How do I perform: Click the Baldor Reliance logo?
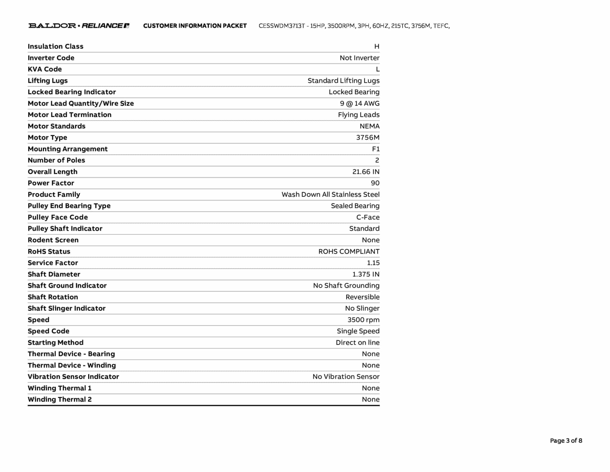[79, 26]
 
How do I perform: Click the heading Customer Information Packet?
[195, 26]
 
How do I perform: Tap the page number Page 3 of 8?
[566, 441]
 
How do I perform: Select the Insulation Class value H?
[377, 47]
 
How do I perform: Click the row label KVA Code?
[45, 69]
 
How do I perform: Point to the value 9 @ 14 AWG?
[360, 104]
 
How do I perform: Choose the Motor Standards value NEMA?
[369, 126]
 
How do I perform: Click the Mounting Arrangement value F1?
[376, 149]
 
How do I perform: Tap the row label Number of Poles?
[56, 160]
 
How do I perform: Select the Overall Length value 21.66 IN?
[366, 172]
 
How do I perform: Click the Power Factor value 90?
[375, 183]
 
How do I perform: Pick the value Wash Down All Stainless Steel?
[330, 195]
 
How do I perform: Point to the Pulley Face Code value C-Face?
[368, 217]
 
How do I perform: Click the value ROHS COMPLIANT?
[349, 252]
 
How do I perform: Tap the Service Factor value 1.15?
[373, 263]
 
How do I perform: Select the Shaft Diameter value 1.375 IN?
[366, 274]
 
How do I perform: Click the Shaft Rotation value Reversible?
[362, 297]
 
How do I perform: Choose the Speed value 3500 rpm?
[363, 320]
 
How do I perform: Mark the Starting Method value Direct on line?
[357, 343]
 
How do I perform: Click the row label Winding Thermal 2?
[60, 399]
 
